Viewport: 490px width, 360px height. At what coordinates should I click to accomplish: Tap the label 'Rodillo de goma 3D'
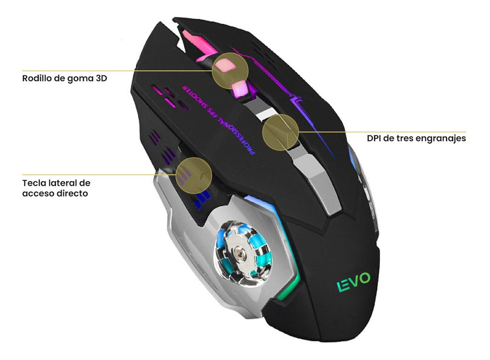(x=65, y=78)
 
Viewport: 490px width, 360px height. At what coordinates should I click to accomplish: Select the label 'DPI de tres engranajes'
(x=416, y=138)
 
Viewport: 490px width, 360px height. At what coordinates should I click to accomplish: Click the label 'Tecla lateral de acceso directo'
(x=56, y=188)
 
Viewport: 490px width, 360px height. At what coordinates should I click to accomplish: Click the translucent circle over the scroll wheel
(x=230, y=70)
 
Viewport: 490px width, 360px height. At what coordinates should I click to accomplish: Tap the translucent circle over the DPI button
(x=281, y=132)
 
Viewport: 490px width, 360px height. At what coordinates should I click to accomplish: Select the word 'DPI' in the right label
(x=375, y=138)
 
